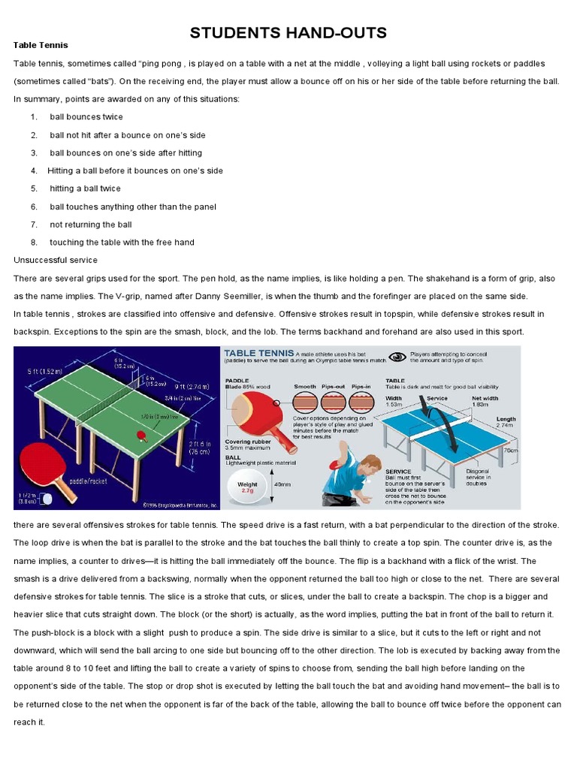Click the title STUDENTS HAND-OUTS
[288, 32]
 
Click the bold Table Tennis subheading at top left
[41, 45]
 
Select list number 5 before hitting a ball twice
[34, 188]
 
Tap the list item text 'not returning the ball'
[91, 225]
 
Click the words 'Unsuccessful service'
[56, 260]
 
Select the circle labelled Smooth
[305, 401]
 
